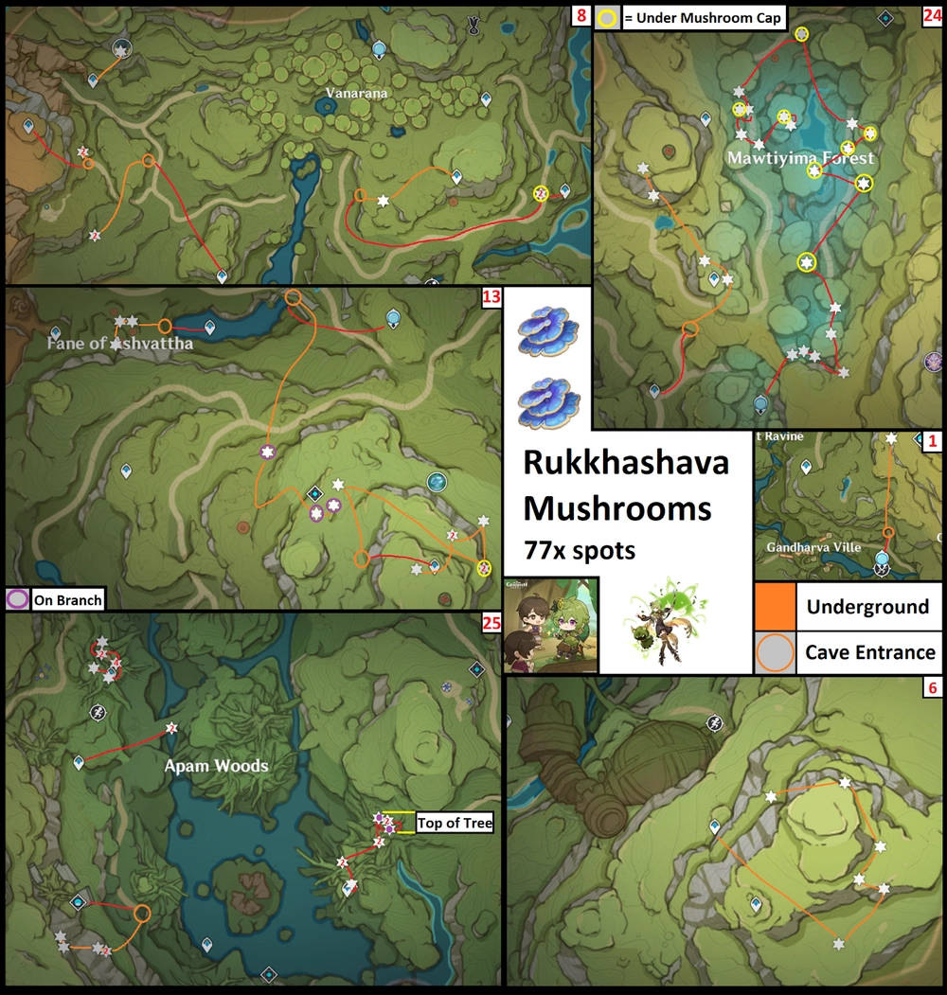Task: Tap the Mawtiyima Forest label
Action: pyautogui.click(x=800, y=158)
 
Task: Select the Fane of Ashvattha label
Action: pyautogui.click(x=120, y=344)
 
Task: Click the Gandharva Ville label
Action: pyautogui.click(x=813, y=547)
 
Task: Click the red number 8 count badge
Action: pyautogui.click(x=581, y=16)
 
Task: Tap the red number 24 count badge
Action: pyautogui.click(x=932, y=16)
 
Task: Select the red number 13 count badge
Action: pyautogui.click(x=491, y=298)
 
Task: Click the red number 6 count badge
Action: pyautogui.click(x=932, y=688)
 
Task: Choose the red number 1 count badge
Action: pyautogui.click(x=932, y=440)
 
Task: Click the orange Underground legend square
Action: pyautogui.click(x=775, y=606)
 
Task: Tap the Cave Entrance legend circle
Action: pyautogui.click(x=775, y=651)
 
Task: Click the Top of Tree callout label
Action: pyautogui.click(x=455, y=824)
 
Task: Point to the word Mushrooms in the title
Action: pyautogui.click(x=616, y=508)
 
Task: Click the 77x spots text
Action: pyautogui.click(x=580, y=550)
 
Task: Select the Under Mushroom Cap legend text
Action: pyautogui.click(x=705, y=18)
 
